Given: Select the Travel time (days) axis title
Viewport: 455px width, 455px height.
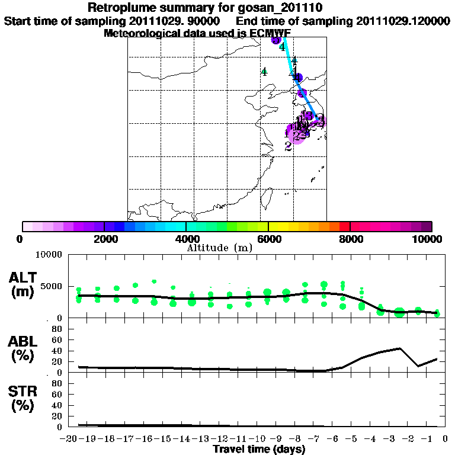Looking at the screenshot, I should click(259, 450).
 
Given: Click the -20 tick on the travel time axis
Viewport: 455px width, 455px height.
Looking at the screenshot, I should click(69, 439).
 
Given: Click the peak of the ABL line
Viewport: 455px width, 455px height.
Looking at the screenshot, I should click(400, 348).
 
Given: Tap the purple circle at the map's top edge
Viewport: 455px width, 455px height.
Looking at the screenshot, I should click(275, 40).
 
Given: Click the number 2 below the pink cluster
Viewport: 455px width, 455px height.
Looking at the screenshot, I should click(288, 146).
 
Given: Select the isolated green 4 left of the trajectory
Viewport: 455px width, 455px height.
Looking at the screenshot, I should click(264, 72).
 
